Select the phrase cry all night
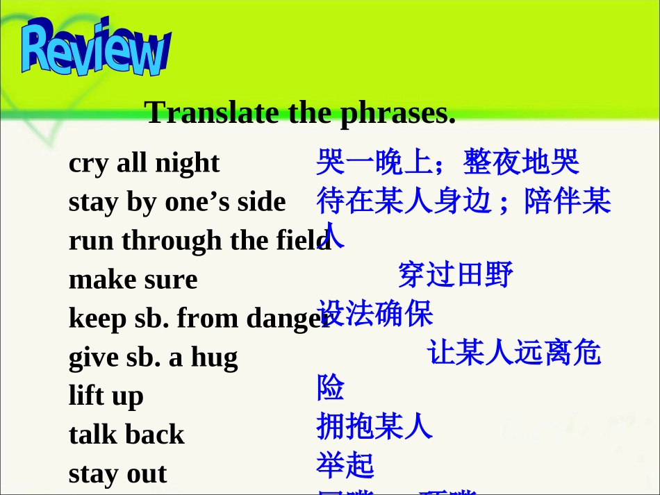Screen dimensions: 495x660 pyautogui.click(x=144, y=162)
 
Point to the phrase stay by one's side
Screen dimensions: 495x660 pyautogui.click(x=177, y=201)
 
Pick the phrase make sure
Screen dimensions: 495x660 pyautogui.click(x=133, y=279)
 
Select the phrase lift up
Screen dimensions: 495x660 pyautogui.click(x=106, y=396)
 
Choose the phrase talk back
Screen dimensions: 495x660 pyautogui.click(x=126, y=435)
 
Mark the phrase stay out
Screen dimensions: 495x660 pyautogui.click(x=117, y=473)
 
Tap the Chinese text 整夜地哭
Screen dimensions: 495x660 pyautogui.click(x=522, y=162)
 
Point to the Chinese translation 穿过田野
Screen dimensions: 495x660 pyautogui.click(x=456, y=276)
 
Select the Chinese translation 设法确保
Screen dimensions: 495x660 pyautogui.click(x=374, y=314)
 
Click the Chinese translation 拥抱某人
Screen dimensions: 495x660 pyautogui.click(x=374, y=426)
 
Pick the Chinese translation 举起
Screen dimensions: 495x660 pyautogui.click(x=345, y=465)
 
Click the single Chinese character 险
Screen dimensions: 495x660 pyautogui.click(x=331, y=387)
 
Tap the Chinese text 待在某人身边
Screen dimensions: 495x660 pyautogui.click(x=404, y=201)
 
